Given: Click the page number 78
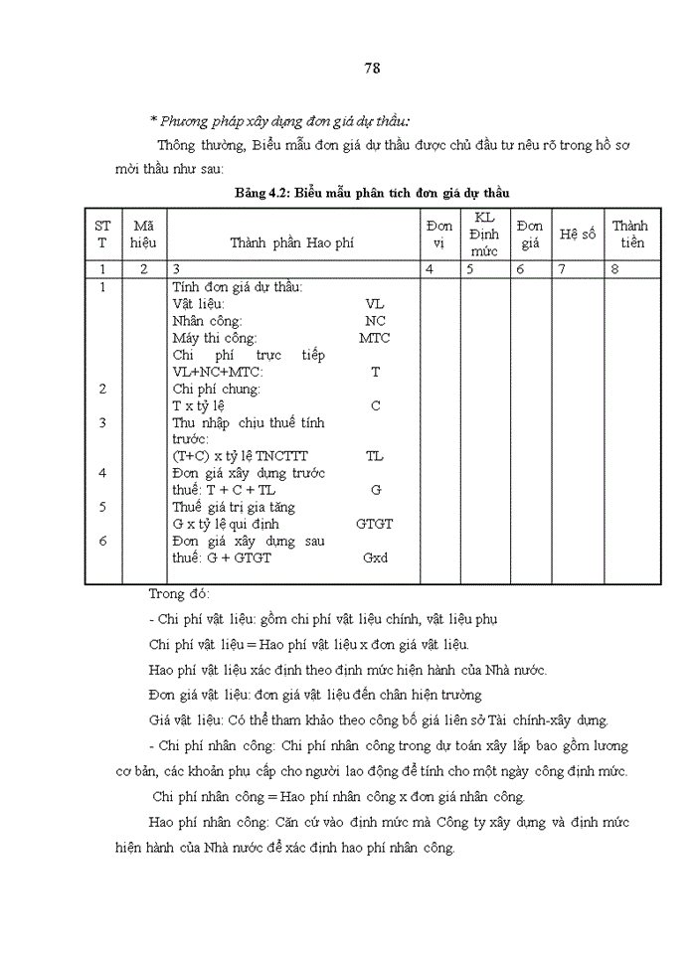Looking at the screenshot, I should coord(372,68).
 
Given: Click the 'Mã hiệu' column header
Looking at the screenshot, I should coord(143,234).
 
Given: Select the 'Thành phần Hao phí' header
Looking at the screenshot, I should coord(291,241).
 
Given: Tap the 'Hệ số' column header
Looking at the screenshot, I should coord(577,235).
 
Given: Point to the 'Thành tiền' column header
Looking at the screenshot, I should coord(629,234).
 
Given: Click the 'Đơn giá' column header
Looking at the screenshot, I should coord(530,234).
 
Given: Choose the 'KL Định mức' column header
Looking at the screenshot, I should coord(483,235).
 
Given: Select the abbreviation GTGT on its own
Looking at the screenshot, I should coord(375,524).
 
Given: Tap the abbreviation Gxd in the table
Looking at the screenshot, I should coord(375,557).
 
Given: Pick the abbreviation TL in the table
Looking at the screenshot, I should coord(375,456).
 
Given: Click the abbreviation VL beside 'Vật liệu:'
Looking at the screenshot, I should coord(375,304).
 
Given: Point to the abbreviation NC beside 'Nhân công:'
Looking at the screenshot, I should coord(375,321).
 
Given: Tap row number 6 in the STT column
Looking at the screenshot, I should coord(102,541).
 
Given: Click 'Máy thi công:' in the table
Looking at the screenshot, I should coord(215,338).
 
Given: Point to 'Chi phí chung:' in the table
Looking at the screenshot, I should coord(216,389).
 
